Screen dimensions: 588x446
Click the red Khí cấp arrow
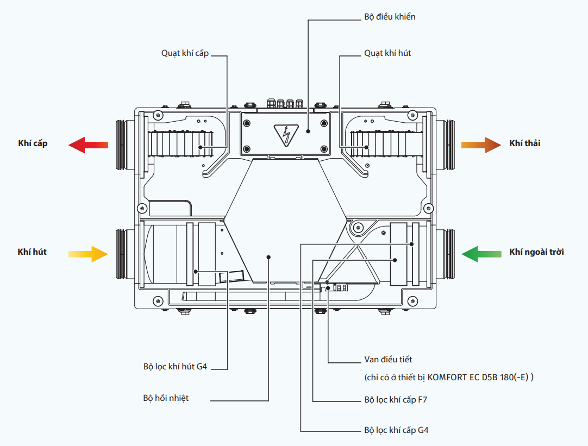(x=88, y=145)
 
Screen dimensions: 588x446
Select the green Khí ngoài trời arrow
(x=481, y=254)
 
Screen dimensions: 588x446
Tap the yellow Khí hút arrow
(x=88, y=254)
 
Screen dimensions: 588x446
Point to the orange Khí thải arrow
(x=481, y=145)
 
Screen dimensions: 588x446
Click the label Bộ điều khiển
(x=390, y=17)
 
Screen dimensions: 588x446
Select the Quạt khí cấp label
(x=185, y=53)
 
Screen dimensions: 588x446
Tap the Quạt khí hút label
(x=387, y=53)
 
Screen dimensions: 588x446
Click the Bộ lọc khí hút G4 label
(x=175, y=367)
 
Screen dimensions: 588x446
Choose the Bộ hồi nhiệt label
(x=166, y=398)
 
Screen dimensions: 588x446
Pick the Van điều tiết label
(x=388, y=360)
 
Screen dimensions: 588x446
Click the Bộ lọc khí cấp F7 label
(x=396, y=400)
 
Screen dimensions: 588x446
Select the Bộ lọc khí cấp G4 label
(x=396, y=430)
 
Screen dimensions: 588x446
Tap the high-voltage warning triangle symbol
(x=286, y=134)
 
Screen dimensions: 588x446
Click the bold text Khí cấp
(x=33, y=143)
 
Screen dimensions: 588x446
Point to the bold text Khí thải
(x=524, y=143)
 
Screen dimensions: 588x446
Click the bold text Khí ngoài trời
(x=536, y=252)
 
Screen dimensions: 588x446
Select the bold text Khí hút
(x=32, y=252)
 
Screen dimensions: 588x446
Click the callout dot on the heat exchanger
(x=268, y=257)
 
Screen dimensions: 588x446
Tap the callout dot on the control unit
(x=308, y=131)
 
